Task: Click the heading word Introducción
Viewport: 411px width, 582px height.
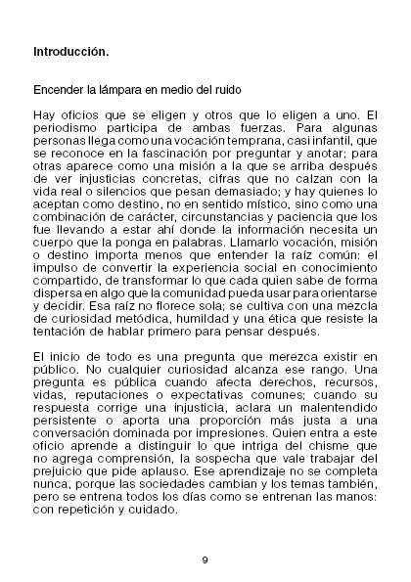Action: click(70, 49)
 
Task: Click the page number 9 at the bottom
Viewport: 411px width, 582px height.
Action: click(205, 560)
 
